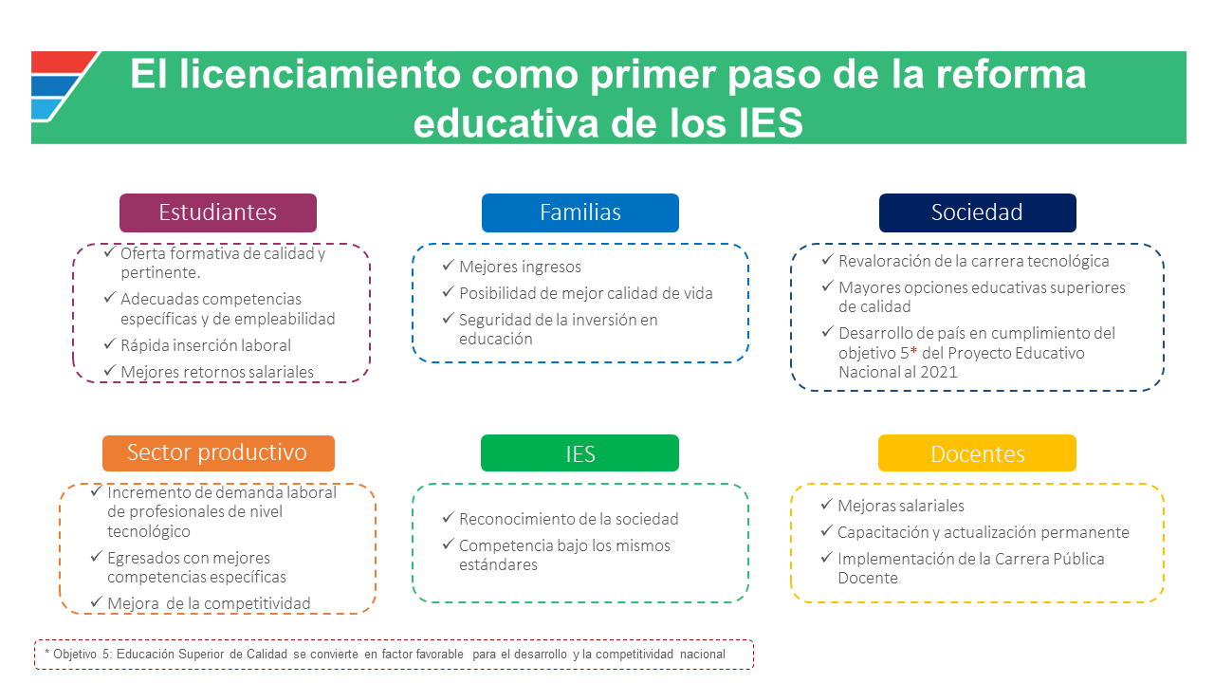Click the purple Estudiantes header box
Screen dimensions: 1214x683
pos(218,212)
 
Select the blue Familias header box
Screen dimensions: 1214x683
pos(579,212)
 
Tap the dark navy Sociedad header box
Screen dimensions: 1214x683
pos(977,212)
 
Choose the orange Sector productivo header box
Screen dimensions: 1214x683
pos(218,453)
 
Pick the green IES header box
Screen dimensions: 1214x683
pos(579,453)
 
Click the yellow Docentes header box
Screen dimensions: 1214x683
pos(977,453)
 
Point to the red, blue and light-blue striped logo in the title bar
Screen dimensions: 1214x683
pos(62,86)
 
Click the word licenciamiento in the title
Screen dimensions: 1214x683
pos(321,74)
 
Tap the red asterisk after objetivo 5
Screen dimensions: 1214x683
pos(913,351)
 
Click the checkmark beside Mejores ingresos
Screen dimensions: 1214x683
pos(448,265)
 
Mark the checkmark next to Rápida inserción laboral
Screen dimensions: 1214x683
pos(109,343)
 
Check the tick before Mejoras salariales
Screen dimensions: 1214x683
pos(826,504)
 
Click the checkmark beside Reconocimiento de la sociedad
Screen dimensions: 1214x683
pos(448,517)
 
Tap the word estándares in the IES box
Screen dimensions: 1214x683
pos(498,564)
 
